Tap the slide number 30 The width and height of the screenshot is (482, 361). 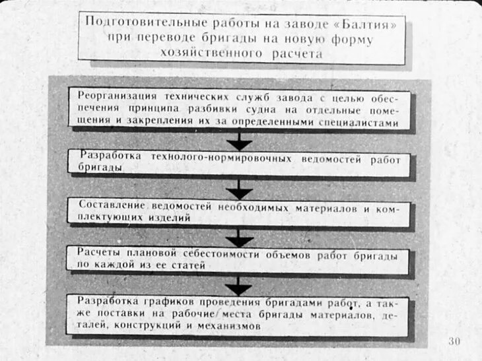point(454,341)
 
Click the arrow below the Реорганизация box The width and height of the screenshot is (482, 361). point(239,141)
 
